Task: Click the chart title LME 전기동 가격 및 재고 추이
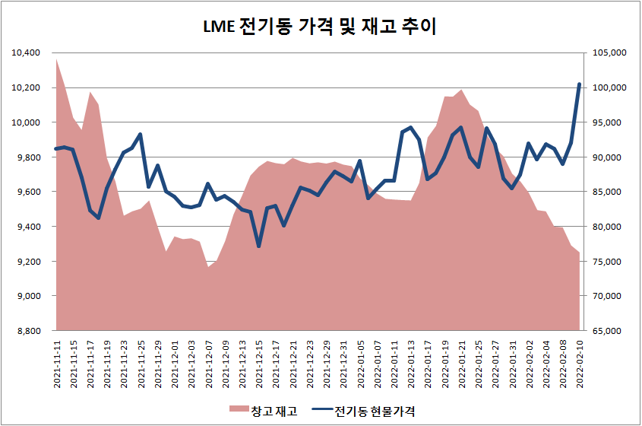tap(320, 27)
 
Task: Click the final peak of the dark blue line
tap(580, 84)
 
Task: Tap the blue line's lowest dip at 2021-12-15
tap(259, 246)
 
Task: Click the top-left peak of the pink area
tap(57, 59)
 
